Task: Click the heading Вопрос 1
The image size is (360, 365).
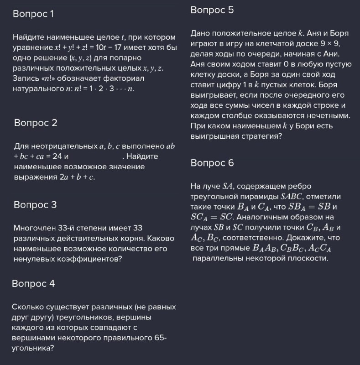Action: point(33,14)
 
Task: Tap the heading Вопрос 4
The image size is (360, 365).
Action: point(34,284)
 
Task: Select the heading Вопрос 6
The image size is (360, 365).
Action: point(212,163)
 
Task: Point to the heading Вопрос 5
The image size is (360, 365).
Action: point(212,10)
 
